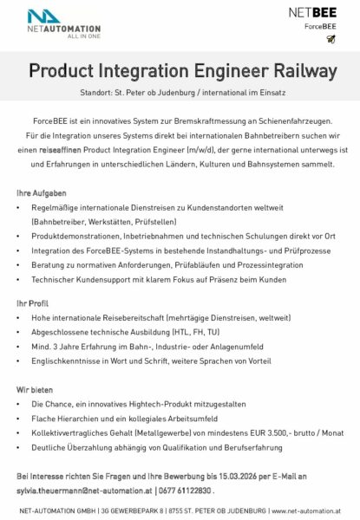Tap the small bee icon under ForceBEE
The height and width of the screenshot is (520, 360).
point(331,39)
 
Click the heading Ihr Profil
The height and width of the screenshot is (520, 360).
point(31,303)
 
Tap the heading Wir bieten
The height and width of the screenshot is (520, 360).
point(34,390)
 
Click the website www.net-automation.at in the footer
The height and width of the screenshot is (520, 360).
point(302,511)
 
